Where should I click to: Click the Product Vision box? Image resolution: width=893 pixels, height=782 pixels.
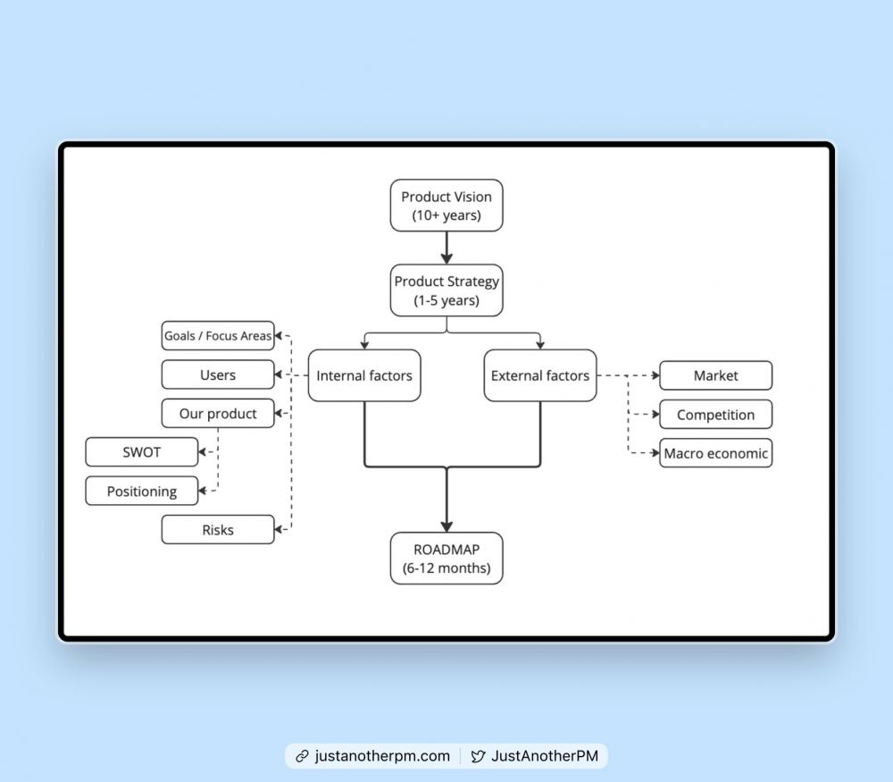[x=446, y=206]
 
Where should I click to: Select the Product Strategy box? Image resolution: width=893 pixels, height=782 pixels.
[x=446, y=290]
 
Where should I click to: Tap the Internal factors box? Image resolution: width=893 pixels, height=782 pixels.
[x=364, y=375]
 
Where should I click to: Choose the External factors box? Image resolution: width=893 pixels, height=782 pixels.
[x=540, y=375]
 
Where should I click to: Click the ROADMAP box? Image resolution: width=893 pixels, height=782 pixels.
[x=446, y=558]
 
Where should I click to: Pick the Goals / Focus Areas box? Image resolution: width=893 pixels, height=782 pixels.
[x=218, y=336]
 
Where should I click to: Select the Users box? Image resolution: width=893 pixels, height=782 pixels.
[x=218, y=374]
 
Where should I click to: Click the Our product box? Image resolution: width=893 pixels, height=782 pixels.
[x=218, y=413]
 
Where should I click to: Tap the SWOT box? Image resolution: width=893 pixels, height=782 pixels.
[x=142, y=452]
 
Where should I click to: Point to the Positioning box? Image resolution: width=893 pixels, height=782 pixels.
[x=142, y=491]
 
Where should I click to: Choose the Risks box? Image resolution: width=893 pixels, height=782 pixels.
[x=218, y=529]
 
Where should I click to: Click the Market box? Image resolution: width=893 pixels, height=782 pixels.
[x=716, y=375]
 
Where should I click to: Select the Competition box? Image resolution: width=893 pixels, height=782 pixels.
[x=716, y=415]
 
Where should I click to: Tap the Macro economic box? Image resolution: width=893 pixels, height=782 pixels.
[x=716, y=453]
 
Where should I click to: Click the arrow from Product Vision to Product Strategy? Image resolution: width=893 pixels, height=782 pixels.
[x=446, y=248]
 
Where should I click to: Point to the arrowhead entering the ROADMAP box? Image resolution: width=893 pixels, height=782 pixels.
[x=446, y=526]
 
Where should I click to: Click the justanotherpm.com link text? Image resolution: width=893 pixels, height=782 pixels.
[x=382, y=756]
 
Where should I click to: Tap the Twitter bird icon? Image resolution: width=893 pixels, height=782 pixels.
[x=478, y=756]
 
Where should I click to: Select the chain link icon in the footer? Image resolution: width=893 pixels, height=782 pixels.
[x=302, y=756]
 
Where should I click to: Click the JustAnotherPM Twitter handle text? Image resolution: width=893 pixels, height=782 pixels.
[x=545, y=756]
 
